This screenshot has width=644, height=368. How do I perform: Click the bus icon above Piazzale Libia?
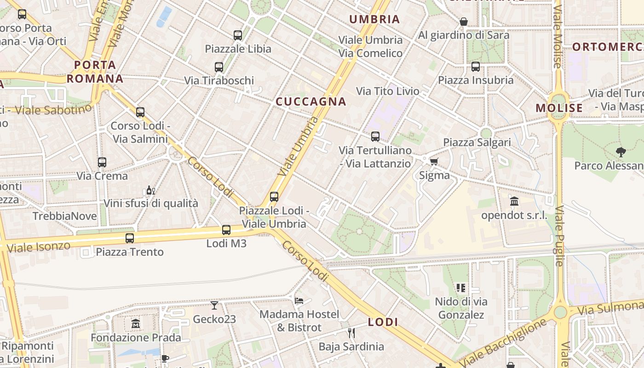click(238, 35)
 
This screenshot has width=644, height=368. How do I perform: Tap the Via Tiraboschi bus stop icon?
click(219, 67)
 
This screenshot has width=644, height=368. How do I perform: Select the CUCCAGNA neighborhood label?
click(311, 102)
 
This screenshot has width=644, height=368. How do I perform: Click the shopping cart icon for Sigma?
click(434, 161)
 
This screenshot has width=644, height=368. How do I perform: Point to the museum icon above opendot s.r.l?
click(514, 201)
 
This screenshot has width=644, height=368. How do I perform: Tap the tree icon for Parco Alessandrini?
click(621, 152)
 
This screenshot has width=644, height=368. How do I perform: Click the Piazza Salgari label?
click(477, 142)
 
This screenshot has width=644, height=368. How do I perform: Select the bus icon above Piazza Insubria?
click(476, 67)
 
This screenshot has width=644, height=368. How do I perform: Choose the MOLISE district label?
click(559, 108)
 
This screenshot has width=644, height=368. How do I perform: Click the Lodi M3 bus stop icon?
click(226, 230)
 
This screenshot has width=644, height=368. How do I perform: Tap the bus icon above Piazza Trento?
click(130, 238)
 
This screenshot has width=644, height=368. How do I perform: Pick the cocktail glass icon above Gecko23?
click(214, 305)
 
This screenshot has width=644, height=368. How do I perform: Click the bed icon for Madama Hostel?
click(299, 301)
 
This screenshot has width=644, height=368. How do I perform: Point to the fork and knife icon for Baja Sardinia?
click(351, 333)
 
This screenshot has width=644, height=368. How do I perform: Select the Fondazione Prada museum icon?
click(136, 324)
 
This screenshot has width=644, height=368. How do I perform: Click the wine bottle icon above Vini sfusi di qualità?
click(150, 190)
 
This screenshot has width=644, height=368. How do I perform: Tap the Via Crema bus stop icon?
click(102, 162)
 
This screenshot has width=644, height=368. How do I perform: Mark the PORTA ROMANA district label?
click(95, 71)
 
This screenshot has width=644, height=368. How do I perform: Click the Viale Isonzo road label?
click(39, 247)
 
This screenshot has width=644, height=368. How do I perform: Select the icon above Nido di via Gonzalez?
click(461, 288)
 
